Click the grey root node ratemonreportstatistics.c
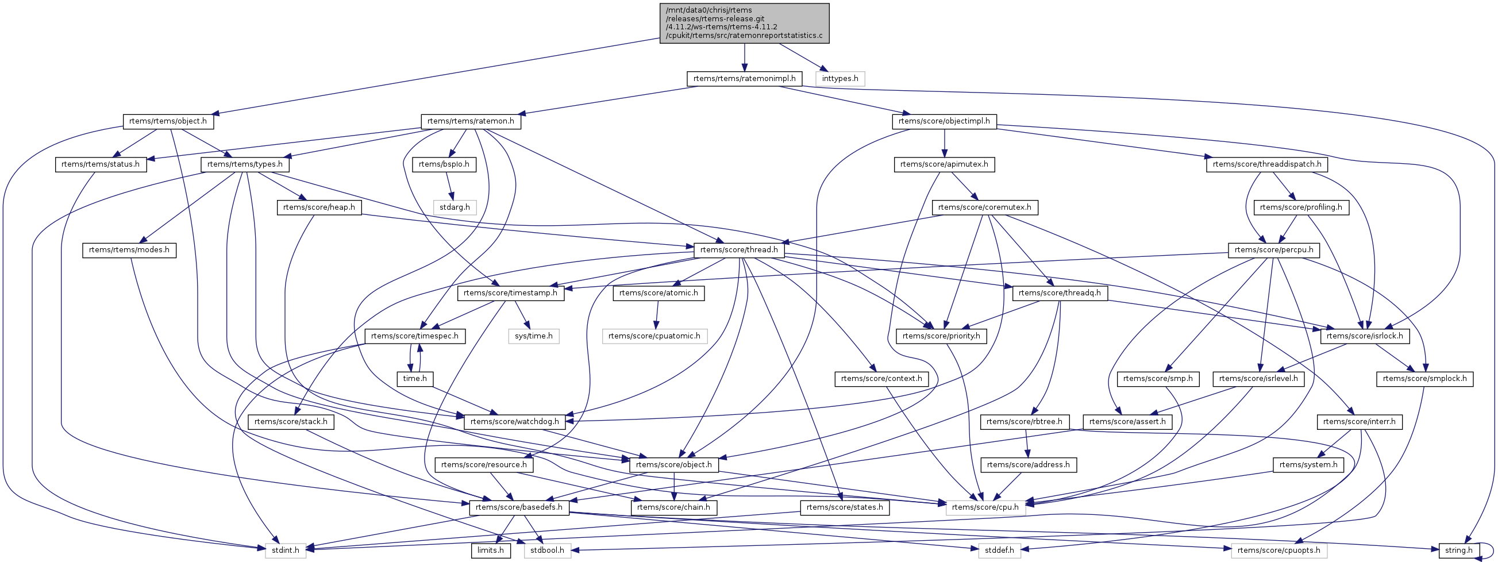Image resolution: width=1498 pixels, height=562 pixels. tap(744, 22)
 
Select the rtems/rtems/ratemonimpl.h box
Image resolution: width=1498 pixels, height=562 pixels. tap(744, 79)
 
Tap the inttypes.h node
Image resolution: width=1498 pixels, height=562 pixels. tap(840, 79)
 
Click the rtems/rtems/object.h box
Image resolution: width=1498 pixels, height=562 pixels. tap(168, 122)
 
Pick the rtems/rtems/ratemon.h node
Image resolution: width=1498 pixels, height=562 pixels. tap(471, 122)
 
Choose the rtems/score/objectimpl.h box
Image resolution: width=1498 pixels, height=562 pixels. tap(945, 122)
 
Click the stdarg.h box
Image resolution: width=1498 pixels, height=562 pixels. tap(455, 207)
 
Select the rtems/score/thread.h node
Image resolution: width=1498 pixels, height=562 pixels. tap(739, 250)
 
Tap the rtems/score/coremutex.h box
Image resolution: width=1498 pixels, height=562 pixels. tap(984, 207)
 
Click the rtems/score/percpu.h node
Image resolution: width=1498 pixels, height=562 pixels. tap(1273, 250)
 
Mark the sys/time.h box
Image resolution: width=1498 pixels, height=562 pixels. tap(534, 336)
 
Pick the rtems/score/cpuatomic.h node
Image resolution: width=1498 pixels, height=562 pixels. tap(654, 336)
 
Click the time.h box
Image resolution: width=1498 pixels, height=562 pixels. tap(415, 379)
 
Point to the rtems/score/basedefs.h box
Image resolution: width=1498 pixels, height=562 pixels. tap(519, 507)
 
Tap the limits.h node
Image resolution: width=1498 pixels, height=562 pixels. tap(491, 551)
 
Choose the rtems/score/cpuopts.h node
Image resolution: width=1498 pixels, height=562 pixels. tap(1279, 551)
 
